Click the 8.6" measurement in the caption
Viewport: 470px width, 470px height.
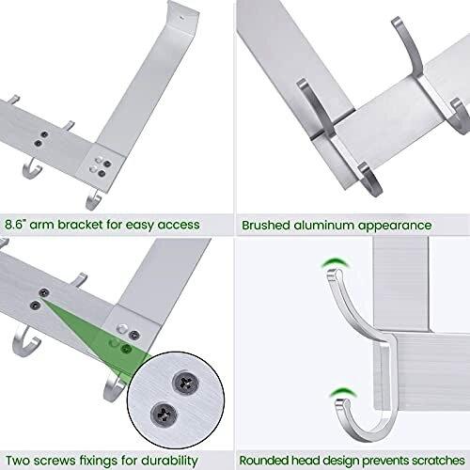pyautogui.click(x=15, y=225)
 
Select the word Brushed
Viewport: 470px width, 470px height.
pyautogui.click(x=266, y=226)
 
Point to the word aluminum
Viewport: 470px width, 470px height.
pyautogui.click(x=323, y=226)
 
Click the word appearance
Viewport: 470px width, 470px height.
pyautogui.click(x=395, y=227)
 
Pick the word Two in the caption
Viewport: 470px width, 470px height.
pyautogui.click(x=18, y=461)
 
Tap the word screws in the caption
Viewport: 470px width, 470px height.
pyautogui.click(x=55, y=461)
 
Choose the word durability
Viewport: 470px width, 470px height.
pyautogui.click(x=169, y=462)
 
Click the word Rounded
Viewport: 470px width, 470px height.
pyautogui.click(x=264, y=461)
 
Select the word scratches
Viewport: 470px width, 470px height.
pyautogui.click(x=438, y=461)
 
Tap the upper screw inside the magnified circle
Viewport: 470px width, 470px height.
pyautogui.click(x=185, y=383)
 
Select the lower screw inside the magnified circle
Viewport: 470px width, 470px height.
pyautogui.click(x=164, y=414)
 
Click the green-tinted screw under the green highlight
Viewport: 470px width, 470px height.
pyautogui.click(x=127, y=348)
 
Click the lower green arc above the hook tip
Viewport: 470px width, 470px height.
pyautogui.click(x=344, y=393)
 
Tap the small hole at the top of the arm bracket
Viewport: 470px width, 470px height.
pyautogui.click(x=182, y=18)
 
